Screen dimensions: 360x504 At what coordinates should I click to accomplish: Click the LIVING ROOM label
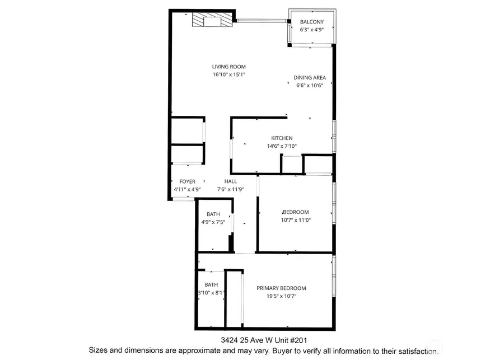point(229,67)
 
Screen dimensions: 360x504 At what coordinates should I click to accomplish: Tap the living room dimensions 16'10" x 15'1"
point(229,74)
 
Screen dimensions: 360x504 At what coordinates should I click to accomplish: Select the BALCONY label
point(312,22)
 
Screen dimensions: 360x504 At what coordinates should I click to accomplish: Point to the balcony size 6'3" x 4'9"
point(312,30)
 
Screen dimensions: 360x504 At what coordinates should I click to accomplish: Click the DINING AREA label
point(310,78)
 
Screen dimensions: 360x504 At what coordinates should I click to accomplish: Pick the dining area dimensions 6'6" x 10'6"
point(310,86)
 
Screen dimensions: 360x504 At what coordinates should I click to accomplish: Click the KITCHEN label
point(282,138)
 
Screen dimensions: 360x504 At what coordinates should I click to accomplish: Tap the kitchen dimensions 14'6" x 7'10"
point(282,146)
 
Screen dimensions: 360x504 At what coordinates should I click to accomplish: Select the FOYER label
point(187,181)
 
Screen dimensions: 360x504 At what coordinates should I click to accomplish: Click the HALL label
point(231,181)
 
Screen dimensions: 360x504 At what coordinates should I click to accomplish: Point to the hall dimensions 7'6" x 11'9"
point(231,189)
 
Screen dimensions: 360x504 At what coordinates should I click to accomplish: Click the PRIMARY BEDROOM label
point(281,288)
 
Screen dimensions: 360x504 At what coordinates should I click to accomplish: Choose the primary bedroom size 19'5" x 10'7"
point(281,296)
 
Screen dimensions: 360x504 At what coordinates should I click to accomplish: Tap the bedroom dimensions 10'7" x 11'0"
point(296,220)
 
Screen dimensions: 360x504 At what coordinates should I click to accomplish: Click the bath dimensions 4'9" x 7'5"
point(213,222)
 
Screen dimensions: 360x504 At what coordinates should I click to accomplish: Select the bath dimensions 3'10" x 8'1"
point(211,292)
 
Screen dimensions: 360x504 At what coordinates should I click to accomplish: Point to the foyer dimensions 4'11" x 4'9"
point(187,189)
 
